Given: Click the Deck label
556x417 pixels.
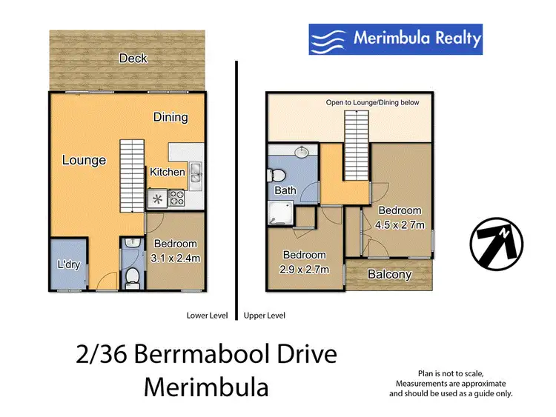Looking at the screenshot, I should tap(133, 59).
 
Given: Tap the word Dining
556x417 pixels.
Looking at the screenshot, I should tap(171, 117).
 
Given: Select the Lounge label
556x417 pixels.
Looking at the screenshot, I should tap(84, 160).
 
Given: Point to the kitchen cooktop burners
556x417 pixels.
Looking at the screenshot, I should tap(178, 198).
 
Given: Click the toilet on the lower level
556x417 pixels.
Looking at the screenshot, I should tap(131, 276).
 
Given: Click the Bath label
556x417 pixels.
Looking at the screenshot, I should tap(285, 190).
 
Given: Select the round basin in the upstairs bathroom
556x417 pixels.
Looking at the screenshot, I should tap(302, 153).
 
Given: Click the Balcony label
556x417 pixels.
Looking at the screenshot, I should tap(389, 274).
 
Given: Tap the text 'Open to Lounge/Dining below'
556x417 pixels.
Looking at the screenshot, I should tap(372, 103).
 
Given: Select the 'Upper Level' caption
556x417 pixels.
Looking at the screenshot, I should tap(265, 316).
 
